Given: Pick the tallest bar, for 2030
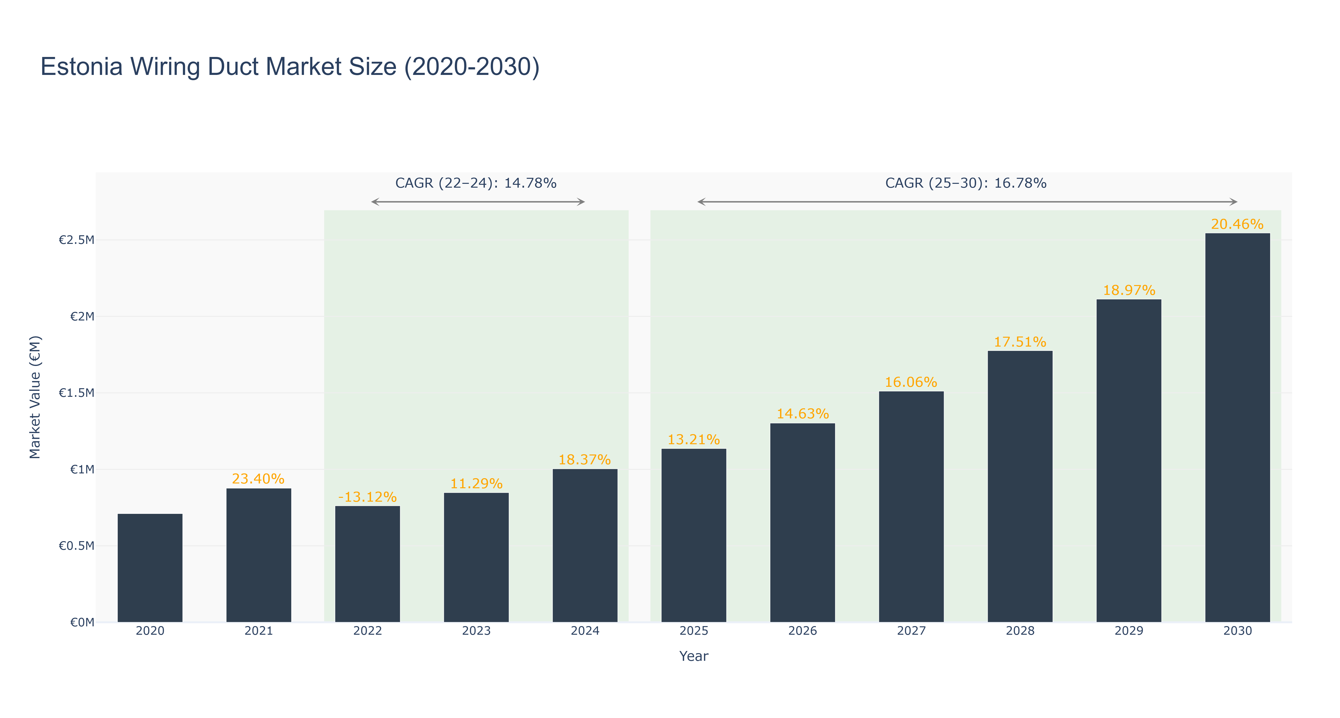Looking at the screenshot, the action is click(x=1238, y=428).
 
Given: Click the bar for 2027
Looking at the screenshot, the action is click(x=911, y=507).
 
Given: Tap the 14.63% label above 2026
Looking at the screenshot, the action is click(x=803, y=414).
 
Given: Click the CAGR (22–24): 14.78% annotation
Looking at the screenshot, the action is click(x=476, y=183).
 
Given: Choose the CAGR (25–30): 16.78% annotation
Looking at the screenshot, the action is click(x=966, y=183).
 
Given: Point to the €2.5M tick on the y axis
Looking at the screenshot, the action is click(x=77, y=240).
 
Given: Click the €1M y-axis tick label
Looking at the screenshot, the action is click(x=82, y=469).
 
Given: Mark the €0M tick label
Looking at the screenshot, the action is click(x=82, y=622).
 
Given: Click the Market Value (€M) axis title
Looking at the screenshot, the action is click(x=35, y=397).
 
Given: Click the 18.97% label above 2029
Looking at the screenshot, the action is click(x=1129, y=290).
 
